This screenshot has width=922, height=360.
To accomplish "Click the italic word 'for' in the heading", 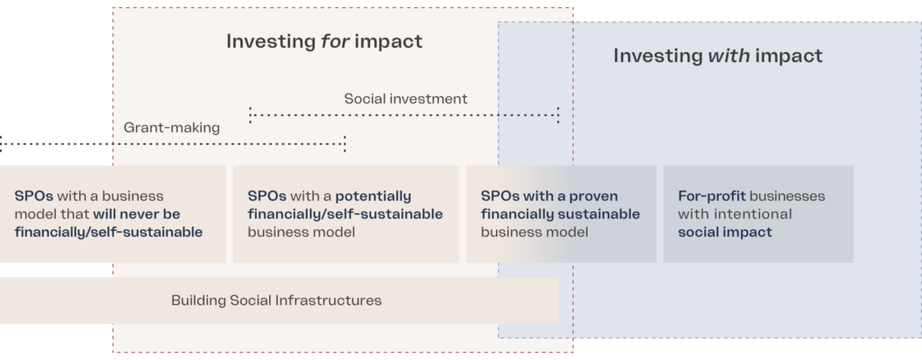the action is (335, 41).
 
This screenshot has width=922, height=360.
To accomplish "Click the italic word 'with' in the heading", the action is (728, 56).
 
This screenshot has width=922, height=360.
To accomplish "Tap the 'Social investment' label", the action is (406, 99).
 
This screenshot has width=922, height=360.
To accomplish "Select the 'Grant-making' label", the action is (172, 128).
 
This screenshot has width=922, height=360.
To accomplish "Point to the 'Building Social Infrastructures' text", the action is (276, 301).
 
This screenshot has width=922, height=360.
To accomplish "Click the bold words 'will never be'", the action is (137, 214).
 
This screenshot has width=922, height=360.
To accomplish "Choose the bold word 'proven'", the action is (592, 196).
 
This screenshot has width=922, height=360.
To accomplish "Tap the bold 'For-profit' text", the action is (711, 196).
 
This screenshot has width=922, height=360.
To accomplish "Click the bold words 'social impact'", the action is (725, 232).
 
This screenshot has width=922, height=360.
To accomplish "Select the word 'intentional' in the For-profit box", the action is (754, 214).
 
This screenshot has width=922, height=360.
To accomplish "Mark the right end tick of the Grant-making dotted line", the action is (345, 144).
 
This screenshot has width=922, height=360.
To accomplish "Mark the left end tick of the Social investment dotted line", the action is (250, 115).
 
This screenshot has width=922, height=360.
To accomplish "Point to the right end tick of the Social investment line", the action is (558, 115).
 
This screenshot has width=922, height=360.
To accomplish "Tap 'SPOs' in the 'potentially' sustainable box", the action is (267, 196).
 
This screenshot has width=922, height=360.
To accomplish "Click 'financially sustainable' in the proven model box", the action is (560, 214).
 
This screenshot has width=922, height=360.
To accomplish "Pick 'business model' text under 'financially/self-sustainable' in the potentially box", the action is (301, 232).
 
